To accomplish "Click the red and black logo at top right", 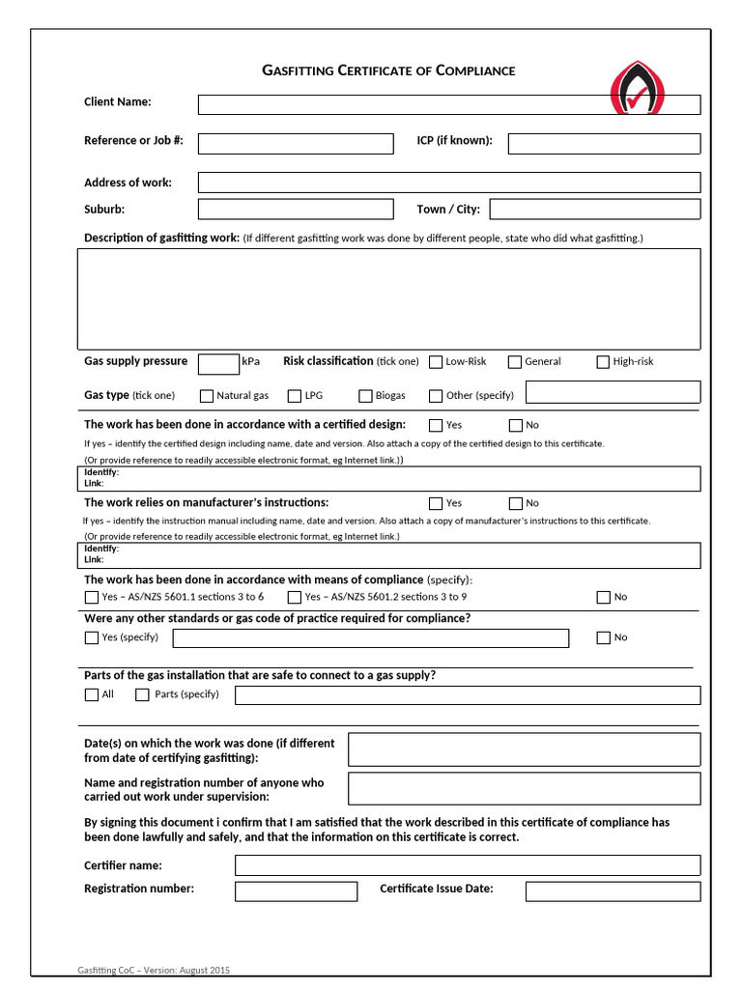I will [x=638, y=89].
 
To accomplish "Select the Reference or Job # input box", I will [x=296, y=144].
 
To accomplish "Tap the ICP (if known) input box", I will [x=604, y=144].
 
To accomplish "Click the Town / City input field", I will [x=595, y=210].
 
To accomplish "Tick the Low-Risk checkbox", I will [x=436, y=362].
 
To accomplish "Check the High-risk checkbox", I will [x=603, y=362].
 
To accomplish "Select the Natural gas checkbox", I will [x=207, y=396].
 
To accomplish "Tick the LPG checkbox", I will [x=296, y=396].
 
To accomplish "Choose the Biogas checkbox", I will [x=366, y=396].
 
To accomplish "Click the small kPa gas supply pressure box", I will [x=218, y=364].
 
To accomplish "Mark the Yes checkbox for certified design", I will [x=436, y=425].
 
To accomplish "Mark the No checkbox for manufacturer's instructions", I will [x=516, y=503].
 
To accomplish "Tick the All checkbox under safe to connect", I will [x=92, y=694].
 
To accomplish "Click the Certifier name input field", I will [x=468, y=865].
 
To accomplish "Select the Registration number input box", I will [x=296, y=890].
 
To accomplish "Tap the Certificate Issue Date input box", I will [x=613, y=890].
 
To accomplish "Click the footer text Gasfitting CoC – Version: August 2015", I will [x=154, y=971].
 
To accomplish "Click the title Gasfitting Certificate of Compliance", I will [x=388, y=71].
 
